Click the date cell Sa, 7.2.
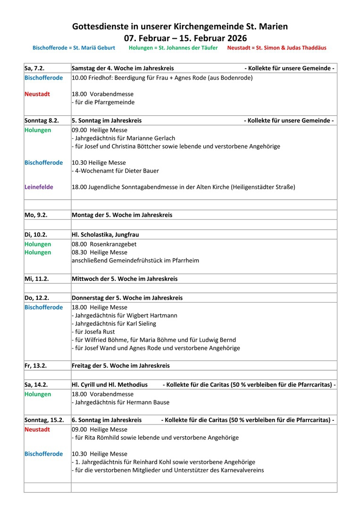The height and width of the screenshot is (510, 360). coord(38,68)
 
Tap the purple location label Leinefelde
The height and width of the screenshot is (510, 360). coord(39,187)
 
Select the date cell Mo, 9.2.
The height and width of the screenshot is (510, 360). coord(39,215)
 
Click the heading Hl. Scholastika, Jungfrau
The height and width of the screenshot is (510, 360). coord(105,234)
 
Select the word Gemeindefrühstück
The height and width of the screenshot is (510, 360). coord(133,260)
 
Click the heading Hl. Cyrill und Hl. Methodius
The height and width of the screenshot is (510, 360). coord(109,385)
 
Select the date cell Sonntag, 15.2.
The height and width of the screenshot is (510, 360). coord(44,420)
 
